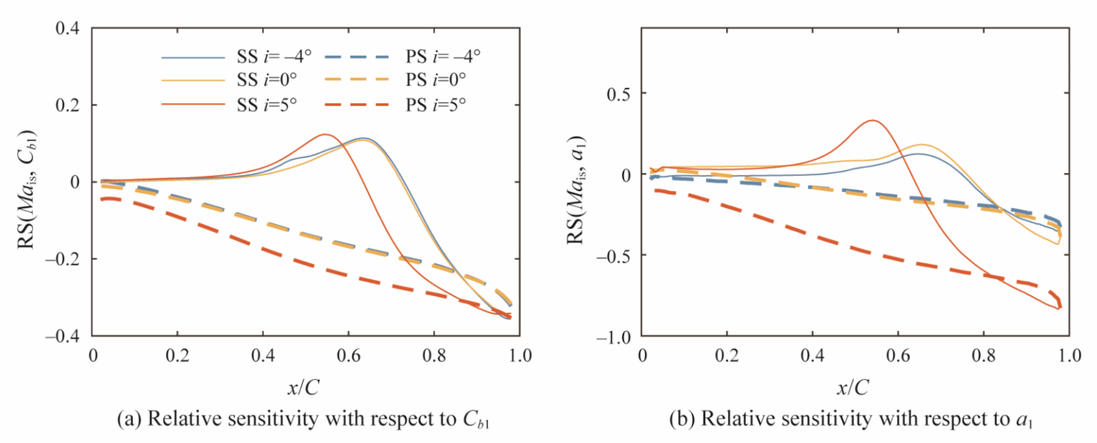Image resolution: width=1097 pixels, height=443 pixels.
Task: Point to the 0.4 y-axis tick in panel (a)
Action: (67, 28)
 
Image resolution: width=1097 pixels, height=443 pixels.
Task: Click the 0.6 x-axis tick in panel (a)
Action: (348, 355)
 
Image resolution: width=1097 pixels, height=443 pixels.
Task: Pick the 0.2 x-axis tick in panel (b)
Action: (727, 355)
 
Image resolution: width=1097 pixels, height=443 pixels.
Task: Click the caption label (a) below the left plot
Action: (129, 419)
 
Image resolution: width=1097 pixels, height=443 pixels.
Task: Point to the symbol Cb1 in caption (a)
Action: (476, 420)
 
